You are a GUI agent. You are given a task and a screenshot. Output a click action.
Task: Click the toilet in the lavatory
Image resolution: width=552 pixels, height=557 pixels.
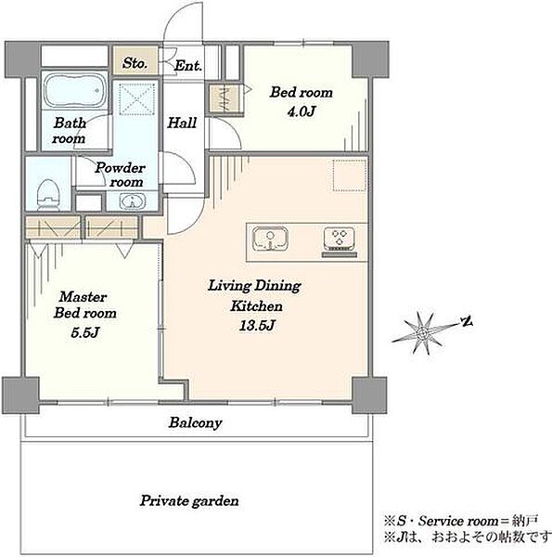48,195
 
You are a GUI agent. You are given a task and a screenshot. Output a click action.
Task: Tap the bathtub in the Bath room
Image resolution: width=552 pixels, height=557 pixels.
74,90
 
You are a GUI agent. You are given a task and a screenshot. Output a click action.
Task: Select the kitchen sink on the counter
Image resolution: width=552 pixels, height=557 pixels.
270,240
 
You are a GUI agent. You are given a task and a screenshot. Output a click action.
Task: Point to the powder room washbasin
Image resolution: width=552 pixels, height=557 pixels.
133,201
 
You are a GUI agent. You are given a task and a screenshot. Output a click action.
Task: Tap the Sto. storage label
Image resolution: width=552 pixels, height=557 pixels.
135,63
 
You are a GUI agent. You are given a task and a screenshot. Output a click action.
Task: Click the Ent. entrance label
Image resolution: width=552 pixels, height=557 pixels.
188,66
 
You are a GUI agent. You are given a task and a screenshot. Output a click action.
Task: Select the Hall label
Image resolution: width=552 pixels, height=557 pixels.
182,123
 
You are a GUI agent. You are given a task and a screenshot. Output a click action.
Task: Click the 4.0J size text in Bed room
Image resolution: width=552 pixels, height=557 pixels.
301,112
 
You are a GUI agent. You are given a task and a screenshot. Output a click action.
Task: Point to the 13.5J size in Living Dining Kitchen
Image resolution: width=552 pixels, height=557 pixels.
256,326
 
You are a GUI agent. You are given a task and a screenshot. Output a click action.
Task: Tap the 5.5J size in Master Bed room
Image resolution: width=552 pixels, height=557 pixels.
84,332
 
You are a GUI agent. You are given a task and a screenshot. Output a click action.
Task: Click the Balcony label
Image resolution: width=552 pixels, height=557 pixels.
195,422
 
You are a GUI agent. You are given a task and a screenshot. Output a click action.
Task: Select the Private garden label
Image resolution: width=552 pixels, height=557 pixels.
189,501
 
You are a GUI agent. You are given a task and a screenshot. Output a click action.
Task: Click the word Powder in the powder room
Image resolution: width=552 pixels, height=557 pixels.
120,168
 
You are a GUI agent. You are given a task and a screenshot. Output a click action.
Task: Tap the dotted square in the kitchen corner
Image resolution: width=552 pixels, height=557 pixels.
350,175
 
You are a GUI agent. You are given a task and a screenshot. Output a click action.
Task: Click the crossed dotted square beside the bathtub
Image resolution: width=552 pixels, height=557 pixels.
136,99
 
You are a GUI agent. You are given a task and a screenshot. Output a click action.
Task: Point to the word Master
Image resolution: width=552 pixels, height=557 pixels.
83,297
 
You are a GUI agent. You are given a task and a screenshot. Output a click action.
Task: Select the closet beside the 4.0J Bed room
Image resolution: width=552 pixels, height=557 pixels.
225,98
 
